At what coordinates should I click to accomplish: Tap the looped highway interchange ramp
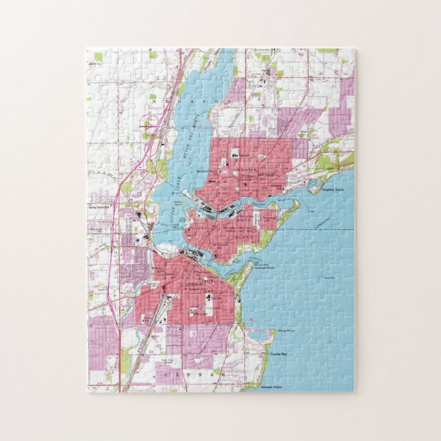click(148, 125)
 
